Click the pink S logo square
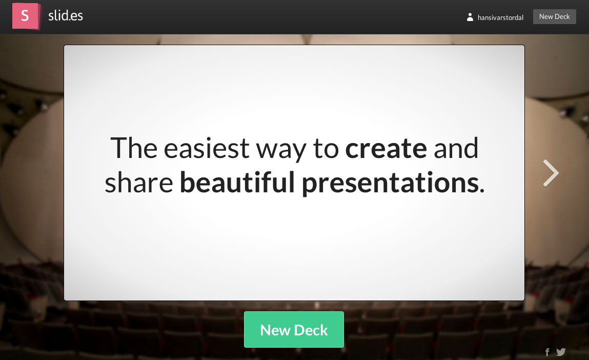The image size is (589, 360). (25, 16)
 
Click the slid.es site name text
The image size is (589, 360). (66, 15)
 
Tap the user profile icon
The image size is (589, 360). (470, 17)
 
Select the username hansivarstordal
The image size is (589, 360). (500, 17)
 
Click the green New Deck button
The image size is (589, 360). (294, 330)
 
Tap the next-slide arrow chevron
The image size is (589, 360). (551, 173)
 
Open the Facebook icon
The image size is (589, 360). (547, 352)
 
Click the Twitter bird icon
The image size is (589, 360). (561, 352)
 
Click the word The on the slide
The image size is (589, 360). (134, 148)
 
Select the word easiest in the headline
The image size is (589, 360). (207, 148)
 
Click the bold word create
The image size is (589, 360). (386, 148)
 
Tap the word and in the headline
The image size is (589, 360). (456, 148)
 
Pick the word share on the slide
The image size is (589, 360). (138, 182)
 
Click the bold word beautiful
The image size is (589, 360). (237, 182)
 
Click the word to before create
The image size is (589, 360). (326, 149)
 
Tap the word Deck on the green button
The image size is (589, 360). (311, 330)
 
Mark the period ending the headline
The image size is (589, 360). (482, 191)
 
